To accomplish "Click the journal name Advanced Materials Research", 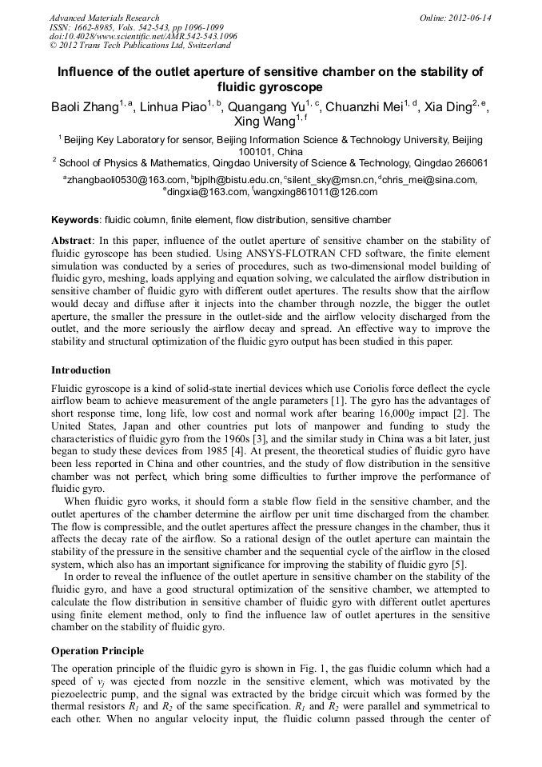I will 104,18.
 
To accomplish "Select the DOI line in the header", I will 143,37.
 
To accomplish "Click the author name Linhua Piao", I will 173,106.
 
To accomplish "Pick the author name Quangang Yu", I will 267,106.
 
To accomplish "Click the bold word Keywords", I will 75,219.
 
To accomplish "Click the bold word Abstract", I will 73,241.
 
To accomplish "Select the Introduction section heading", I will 81,370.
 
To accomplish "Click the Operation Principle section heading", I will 98,651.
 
